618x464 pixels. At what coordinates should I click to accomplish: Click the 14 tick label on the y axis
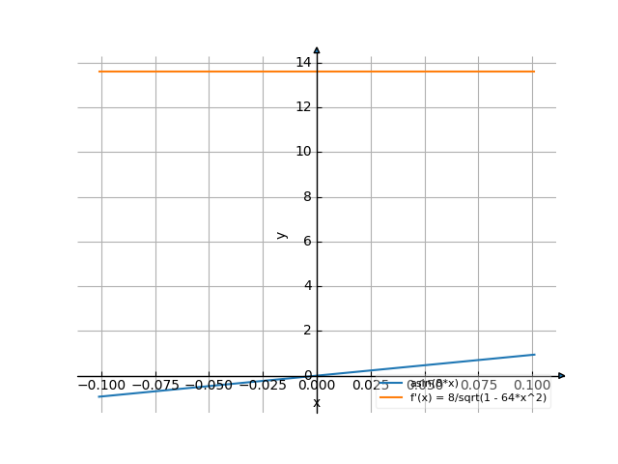tap(303, 63)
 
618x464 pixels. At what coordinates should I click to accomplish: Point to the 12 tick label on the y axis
tap(303, 107)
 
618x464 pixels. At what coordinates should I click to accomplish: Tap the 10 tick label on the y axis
tap(303, 152)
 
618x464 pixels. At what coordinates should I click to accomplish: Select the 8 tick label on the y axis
tap(307, 196)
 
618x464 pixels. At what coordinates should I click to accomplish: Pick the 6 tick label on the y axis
tap(307, 242)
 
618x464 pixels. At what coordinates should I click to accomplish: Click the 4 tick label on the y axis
tap(307, 286)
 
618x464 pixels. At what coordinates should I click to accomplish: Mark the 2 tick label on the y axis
tap(307, 331)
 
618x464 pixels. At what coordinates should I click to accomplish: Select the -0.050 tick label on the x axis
tap(208, 385)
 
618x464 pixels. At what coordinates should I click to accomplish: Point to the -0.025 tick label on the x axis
tap(262, 385)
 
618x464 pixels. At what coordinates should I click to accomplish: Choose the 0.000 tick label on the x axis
tap(317, 385)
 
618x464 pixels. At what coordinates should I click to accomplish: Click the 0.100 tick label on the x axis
tap(532, 385)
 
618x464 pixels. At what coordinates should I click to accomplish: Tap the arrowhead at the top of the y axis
tap(317, 50)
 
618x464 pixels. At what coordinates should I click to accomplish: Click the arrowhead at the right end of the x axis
tap(561, 375)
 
